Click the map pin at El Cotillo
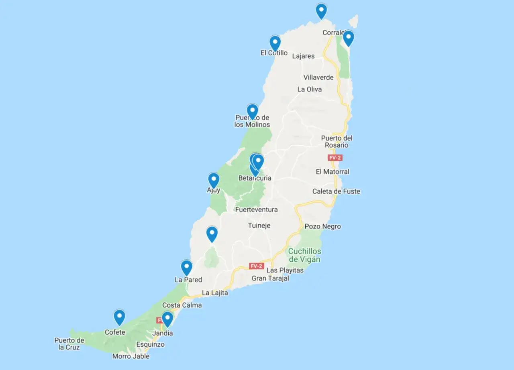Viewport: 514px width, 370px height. click(x=275, y=43)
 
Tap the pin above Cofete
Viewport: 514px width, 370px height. click(x=119, y=317)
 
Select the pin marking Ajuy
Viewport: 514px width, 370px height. click(x=214, y=180)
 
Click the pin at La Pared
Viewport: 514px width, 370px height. click(x=186, y=267)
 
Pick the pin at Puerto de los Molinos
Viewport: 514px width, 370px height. click(x=252, y=111)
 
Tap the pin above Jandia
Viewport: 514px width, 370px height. click(x=167, y=319)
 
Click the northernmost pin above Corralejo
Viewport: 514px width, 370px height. click(x=321, y=10)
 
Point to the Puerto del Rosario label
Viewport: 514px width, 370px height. click(x=337, y=141)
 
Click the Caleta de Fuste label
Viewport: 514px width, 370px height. click(x=336, y=191)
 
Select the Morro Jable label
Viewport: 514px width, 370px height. click(x=131, y=356)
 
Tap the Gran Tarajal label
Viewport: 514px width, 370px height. click(x=270, y=278)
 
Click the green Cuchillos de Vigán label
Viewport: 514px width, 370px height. click(x=304, y=255)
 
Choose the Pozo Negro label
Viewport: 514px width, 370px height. click(x=323, y=226)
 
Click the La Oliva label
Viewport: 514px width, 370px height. click(x=309, y=89)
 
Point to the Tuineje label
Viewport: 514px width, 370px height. click(x=259, y=226)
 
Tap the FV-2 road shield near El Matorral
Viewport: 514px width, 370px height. click(x=335, y=158)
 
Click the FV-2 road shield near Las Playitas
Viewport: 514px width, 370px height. click(x=256, y=266)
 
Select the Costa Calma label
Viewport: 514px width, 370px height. click(x=182, y=305)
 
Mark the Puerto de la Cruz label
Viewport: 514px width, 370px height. click(x=69, y=344)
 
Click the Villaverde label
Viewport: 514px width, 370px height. click(x=318, y=77)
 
